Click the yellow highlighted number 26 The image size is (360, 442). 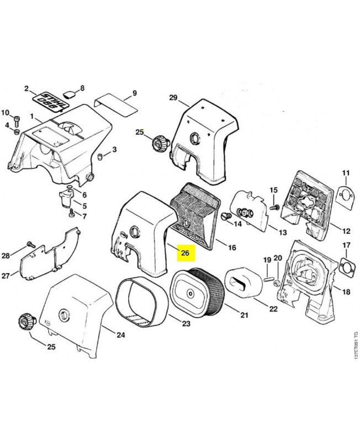185,254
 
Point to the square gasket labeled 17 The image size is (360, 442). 347,266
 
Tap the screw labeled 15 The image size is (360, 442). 273,206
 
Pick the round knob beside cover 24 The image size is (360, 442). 25,321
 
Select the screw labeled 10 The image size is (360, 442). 17,118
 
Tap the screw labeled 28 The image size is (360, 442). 29,245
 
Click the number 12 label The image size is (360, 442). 345,231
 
